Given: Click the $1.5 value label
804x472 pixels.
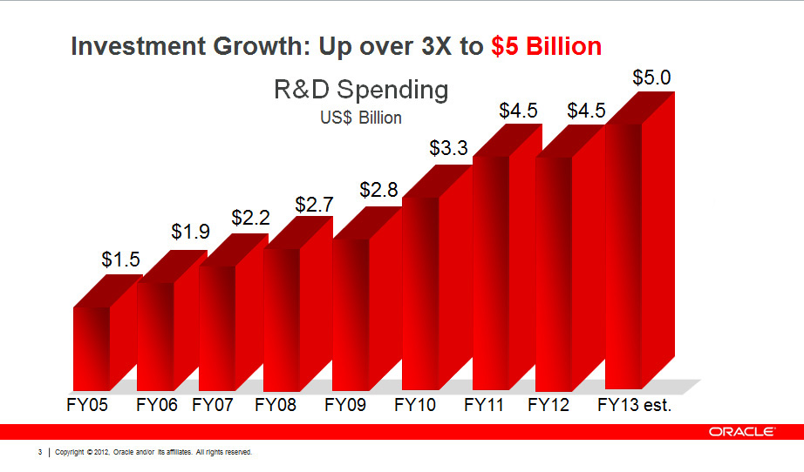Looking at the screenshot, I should [120, 259].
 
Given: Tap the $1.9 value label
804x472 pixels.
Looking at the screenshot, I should [190, 232].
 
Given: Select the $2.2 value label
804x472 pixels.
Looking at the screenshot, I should [250, 218].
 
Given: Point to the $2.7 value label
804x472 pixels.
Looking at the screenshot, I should [314, 205].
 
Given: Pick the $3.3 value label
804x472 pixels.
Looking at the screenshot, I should [448, 149].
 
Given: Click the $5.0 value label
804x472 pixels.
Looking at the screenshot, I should [651, 78].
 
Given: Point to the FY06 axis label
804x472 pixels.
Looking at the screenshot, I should [157, 405].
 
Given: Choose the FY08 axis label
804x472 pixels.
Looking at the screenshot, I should [276, 405].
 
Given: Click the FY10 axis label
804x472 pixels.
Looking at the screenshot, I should [414, 405].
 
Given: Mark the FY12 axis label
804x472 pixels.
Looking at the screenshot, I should [548, 405].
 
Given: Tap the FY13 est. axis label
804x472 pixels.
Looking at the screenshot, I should [635, 405].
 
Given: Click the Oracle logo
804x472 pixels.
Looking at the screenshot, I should [743, 431].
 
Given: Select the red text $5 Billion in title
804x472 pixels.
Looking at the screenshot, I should [546, 46].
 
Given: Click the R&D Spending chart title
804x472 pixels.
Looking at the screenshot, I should [361, 90].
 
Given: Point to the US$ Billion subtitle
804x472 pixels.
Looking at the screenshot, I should [361, 117].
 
